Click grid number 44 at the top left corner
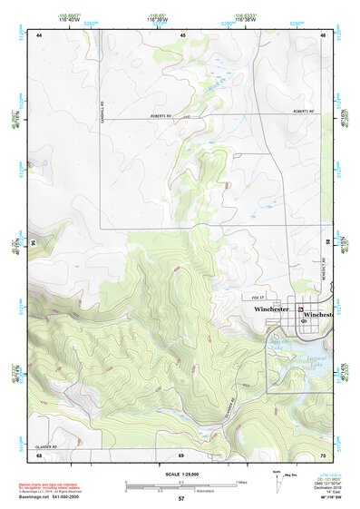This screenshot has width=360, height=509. point(40,34)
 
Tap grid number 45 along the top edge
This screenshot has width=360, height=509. point(182,34)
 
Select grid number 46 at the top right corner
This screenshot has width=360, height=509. point(324,34)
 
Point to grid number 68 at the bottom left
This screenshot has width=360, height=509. point(40,455)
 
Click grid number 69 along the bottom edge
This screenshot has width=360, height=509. point(181,455)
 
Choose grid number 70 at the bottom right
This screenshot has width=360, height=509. point(324,455)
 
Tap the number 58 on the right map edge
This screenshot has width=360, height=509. point(329,242)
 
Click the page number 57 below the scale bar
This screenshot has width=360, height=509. point(181,499)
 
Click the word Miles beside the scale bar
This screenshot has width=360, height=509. point(241,482)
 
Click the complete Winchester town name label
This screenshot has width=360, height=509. point(271,309)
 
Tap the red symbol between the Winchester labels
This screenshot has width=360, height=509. point(299,309)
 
